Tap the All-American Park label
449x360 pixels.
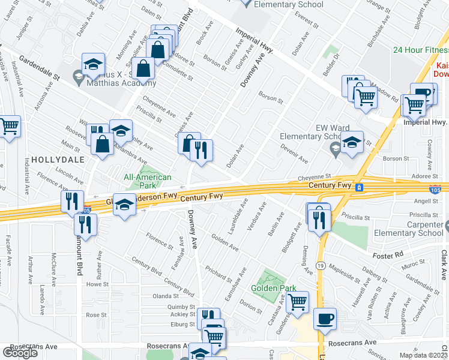tap(147, 181)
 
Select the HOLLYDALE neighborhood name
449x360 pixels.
tap(55, 160)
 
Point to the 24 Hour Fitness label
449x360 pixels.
tap(421, 50)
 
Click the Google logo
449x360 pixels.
tap(20, 352)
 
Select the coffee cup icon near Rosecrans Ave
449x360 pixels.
tap(325, 319)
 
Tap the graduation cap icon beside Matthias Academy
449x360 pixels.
tap(93, 64)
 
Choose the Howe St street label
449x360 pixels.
tap(97, 285)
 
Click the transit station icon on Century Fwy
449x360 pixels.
tap(359, 187)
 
